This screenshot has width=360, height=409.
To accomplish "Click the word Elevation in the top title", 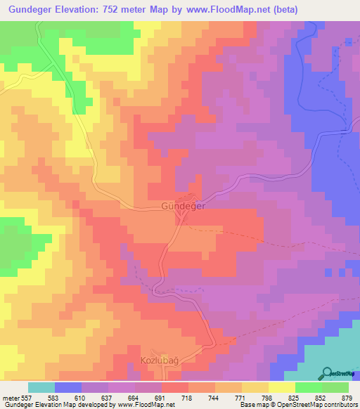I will click(x=72, y=10).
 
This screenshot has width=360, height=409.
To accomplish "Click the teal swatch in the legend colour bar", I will click(x=41, y=387).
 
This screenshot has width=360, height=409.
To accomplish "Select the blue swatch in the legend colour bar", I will click(x=68, y=387).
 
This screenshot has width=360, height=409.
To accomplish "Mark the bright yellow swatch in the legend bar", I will click(x=281, y=387).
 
